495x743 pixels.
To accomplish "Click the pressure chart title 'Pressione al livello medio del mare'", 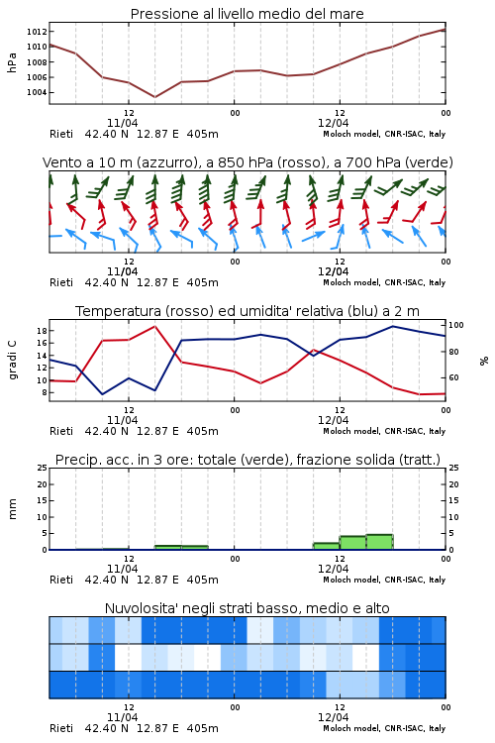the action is pyautogui.click(x=247, y=14).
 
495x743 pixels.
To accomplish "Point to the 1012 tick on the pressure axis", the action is pyautogui.click(x=37, y=32).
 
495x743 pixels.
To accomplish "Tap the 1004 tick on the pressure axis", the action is pyautogui.click(x=37, y=92).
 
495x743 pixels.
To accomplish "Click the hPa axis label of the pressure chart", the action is pyautogui.click(x=12, y=62).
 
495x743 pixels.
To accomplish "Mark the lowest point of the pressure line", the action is pyautogui.click(x=154, y=97).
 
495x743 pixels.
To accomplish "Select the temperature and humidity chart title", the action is pyautogui.click(x=247, y=311).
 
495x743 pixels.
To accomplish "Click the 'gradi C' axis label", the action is pyautogui.click(x=12, y=361).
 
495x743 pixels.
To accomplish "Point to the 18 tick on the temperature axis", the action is pyautogui.click(x=42, y=330).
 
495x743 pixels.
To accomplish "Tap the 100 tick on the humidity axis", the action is pyautogui.click(x=456, y=325).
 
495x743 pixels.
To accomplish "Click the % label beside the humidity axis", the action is pyautogui.click(x=484, y=361).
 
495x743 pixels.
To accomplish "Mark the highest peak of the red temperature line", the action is pyautogui.click(x=154, y=326).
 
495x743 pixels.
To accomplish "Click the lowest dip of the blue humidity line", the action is pyautogui.click(x=102, y=394).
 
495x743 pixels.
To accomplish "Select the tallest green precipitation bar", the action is pyautogui.click(x=379, y=542).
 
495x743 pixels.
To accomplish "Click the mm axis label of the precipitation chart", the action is pyautogui.click(x=12, y=509).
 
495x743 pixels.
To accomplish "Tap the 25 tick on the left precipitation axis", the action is pyautogui.click(x=42, y=468).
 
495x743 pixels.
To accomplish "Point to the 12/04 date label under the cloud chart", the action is pyautogui.click(x=333, y=717).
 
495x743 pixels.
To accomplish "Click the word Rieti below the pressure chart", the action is pyautogui.click(x=61, y=134).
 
